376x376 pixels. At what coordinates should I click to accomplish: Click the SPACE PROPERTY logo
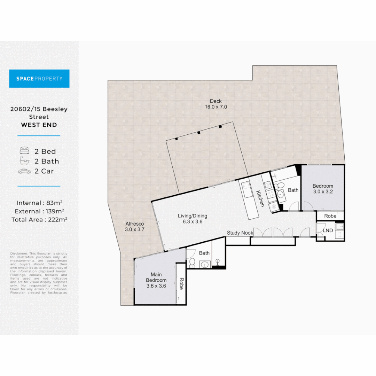[39, 79]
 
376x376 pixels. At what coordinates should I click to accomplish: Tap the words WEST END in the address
[39, 125]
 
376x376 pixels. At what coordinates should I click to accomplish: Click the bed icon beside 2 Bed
[24, 151]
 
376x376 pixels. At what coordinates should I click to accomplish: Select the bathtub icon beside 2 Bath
[24, 161]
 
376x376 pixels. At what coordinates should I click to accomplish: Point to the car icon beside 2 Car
[24, 171]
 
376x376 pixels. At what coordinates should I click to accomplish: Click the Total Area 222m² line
[39, 219]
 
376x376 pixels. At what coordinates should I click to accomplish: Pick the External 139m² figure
[39, 211]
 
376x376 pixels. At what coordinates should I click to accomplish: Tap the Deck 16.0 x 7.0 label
[216, 104]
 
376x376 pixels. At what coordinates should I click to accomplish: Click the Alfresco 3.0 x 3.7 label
[134, 227]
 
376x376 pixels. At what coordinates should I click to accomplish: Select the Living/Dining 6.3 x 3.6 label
[190, 218]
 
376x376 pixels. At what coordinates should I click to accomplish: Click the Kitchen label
[259, 198]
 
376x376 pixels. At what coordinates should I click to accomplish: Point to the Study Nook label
[240, 233]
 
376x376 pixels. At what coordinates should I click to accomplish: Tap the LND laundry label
[328, 230]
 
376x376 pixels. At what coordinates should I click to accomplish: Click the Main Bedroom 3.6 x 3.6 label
[156, 280]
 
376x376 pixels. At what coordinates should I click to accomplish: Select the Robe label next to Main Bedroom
[181, 283]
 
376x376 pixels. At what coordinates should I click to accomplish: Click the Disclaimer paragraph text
[39, 273]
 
